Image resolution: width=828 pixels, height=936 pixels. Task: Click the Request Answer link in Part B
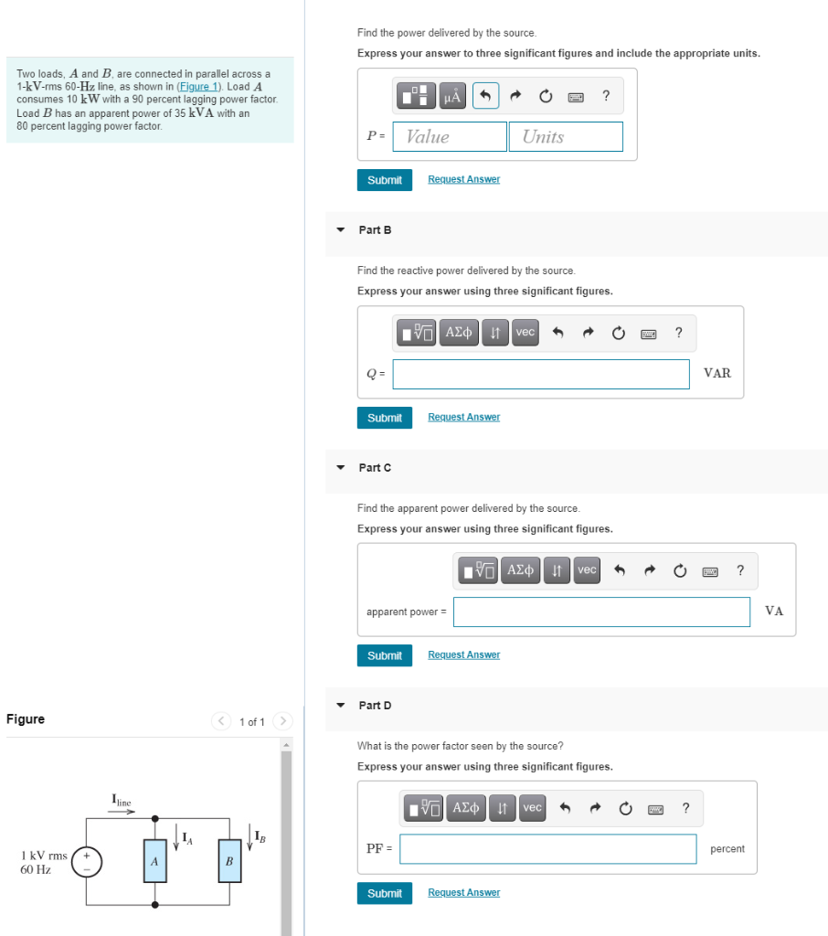pyautogui.click(x=463, y=417)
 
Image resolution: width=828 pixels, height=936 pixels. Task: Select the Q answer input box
pyautogui.click(x=541, y=374)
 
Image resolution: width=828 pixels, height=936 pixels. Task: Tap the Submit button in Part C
pyautogui.click(x=384, y=655)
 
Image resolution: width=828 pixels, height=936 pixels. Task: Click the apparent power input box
pyautogui.click(x=601, y=612)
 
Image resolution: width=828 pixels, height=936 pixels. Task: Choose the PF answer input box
pyautogui.click(x=547, y=849)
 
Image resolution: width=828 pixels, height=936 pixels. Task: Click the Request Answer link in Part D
pyautogui.click(x=463, y=893)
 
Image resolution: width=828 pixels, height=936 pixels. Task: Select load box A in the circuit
pyautogui.click(x=154, y=861)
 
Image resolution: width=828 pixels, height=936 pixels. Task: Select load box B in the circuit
pyautogui.click(x=228, y=861)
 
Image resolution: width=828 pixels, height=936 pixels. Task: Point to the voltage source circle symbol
pyautogui.click(x=87, y=861)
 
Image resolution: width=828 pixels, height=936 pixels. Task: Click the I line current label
pyautogui.click(x=122, y=802)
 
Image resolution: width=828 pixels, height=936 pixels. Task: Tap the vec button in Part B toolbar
pyautogui.click(x=525, y=333)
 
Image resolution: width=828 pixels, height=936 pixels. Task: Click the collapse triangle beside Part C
pyautogui.click(x=340, y=468)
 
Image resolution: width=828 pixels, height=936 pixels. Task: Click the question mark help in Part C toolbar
pyautogui.click(x=740, y=571)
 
